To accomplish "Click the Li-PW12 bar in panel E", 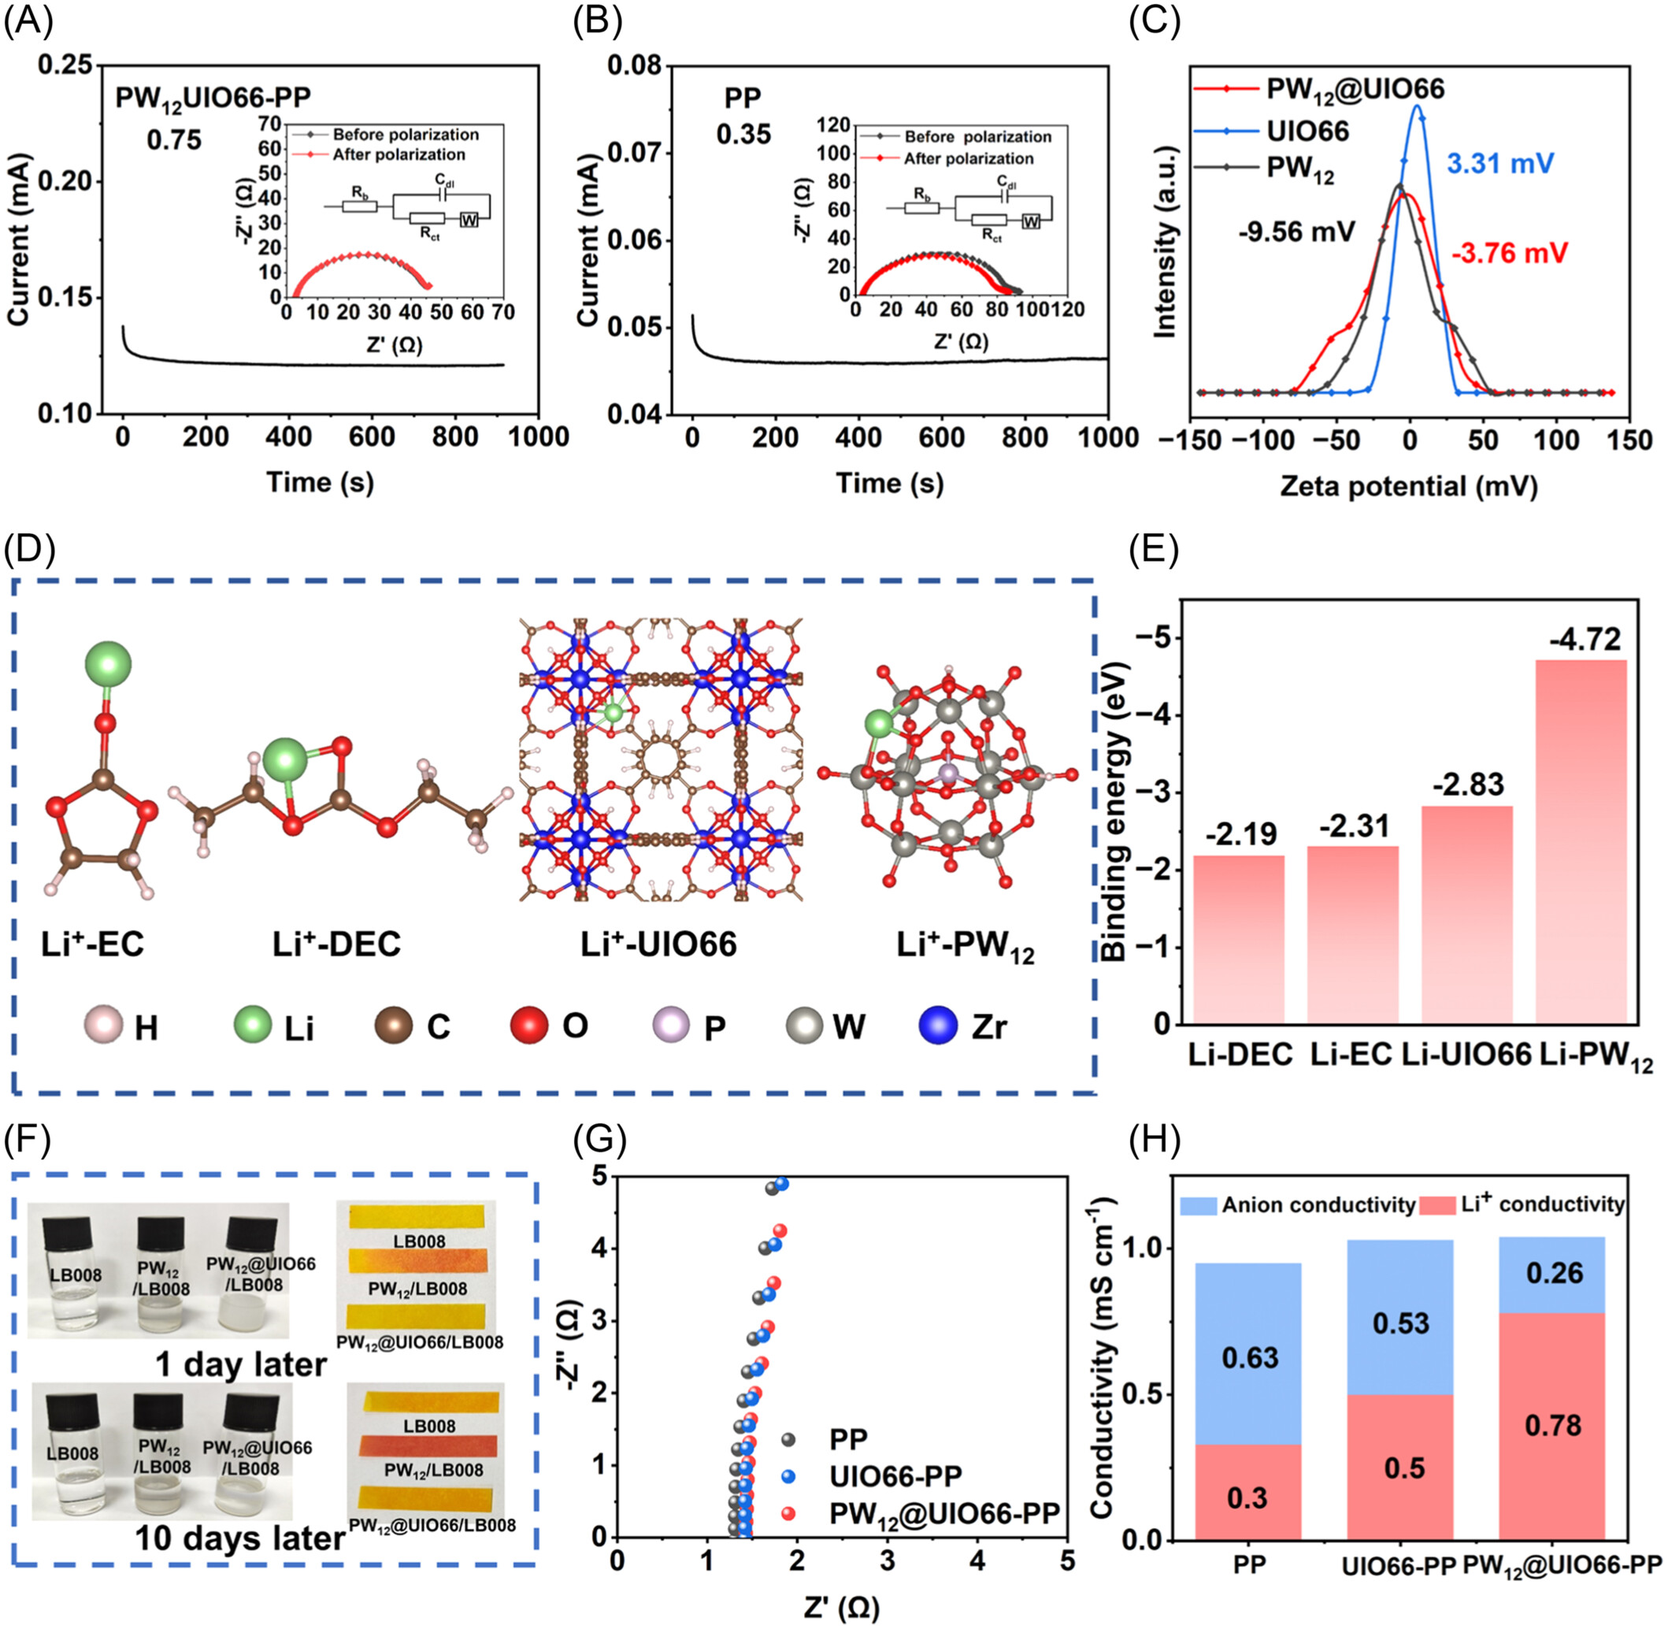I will [1581, 842].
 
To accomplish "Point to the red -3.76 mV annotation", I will [1510, 253].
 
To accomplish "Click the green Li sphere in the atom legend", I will [254, 1026].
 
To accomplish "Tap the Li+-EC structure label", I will [92, 944].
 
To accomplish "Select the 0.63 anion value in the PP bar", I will [1250, 1357].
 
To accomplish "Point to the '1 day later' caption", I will [241, 1364].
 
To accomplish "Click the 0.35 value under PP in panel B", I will [743, 135].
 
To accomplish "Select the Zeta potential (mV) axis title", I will [1408, 486].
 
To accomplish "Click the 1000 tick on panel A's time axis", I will [537, 437].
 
